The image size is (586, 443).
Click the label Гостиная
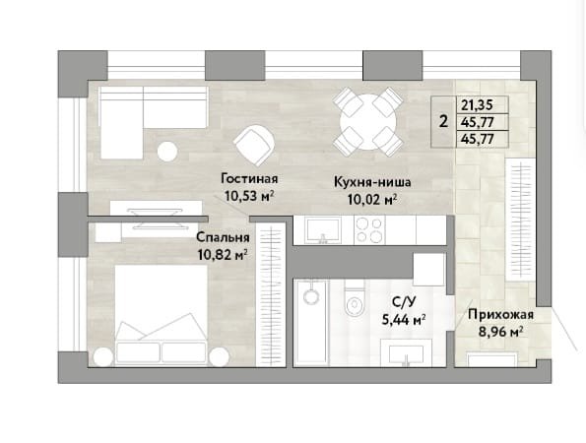pyautogui.click(x=249, y=178)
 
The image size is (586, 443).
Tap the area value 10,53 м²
pyautogui.click(x=249, y=195)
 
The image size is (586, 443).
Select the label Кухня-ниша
pyautogui.click(x=372, y=182)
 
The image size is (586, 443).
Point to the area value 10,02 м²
pyautogui.click(x=372, y=200)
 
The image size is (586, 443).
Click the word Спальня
pyautogui.click(x=223, y=237)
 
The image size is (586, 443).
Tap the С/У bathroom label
pyautogui.click(x=403, y=302)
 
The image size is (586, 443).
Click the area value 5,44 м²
pyautogui.click(x=404, y=319)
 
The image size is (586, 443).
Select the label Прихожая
pyautogui.click(x=500, y=314)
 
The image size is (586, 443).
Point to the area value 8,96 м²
pyautogui.click(x=500, y=332)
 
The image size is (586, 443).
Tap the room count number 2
pyautogui.click(x=443, y=121)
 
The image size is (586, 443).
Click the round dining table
pyautogui.click(x=367, y=122)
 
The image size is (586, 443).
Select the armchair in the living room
pyautogui.click(x=254, y=145)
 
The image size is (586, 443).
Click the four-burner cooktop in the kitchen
pyautogui.click(x=369, y=229)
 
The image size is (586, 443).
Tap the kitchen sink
pyautogui.click(x=323, y=230)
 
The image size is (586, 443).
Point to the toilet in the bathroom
pyautogui.click(x=355, y=299)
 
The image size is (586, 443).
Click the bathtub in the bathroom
pyautogui.click(x=311, y=323)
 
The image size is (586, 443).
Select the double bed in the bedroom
pyautogui.click(x=161, y=314)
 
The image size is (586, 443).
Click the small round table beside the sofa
pyautogui.click(x=167, y=152)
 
